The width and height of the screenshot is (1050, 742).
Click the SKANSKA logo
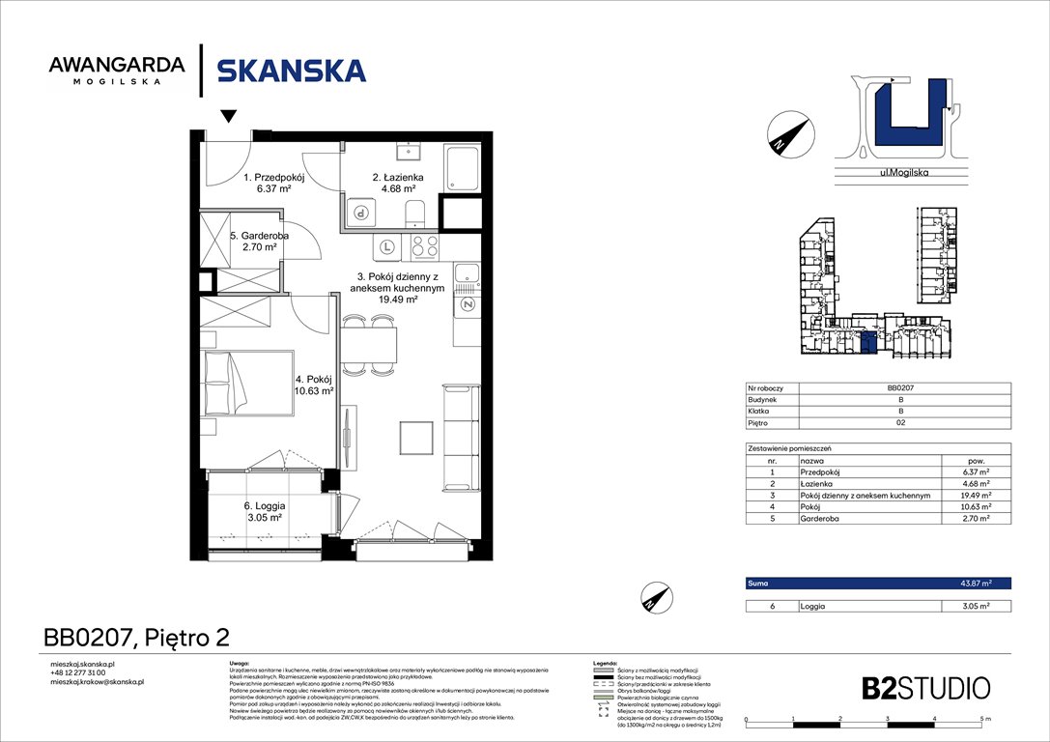click(x=291, y=71)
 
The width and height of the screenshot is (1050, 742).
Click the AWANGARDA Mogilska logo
click(x=117, y=71)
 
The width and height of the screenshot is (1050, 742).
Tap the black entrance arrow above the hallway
click(x=228, y=117)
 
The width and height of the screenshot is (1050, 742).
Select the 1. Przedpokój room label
click(x=274, y=184)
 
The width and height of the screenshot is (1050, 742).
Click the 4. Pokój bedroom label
click(x=314, y=385)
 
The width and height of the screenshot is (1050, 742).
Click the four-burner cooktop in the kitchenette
click(x=425, y=245)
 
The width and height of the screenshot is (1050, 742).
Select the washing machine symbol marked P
click(x=361, y=214)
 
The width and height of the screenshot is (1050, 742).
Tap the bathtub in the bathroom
click(x=462, y=169)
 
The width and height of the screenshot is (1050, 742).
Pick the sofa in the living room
click(x=458, y=437)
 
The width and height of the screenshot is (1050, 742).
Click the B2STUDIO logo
click(x=925, y=688)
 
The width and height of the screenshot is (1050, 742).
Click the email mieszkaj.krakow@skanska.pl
click(x=97, y=682)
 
